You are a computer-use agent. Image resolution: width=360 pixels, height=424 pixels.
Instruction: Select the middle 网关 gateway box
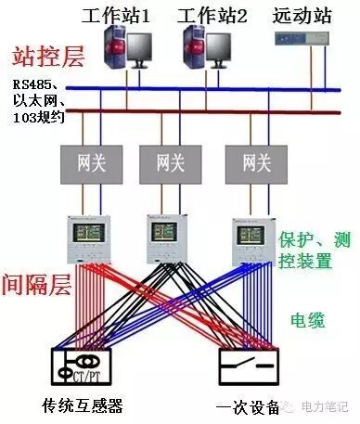pos(170,163)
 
